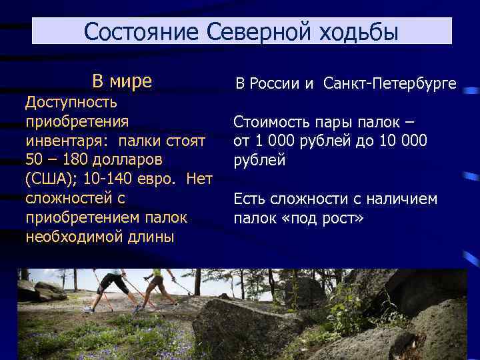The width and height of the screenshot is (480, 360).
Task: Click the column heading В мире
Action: [122, 82]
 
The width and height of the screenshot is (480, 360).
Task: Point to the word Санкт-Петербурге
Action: [390, 83]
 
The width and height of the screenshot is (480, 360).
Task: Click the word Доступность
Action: [71, 102]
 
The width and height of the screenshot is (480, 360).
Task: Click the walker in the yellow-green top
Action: [158, 287]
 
